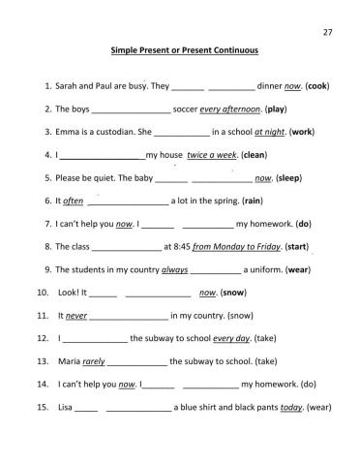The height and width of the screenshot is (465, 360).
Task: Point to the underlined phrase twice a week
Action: click(211, 154)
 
